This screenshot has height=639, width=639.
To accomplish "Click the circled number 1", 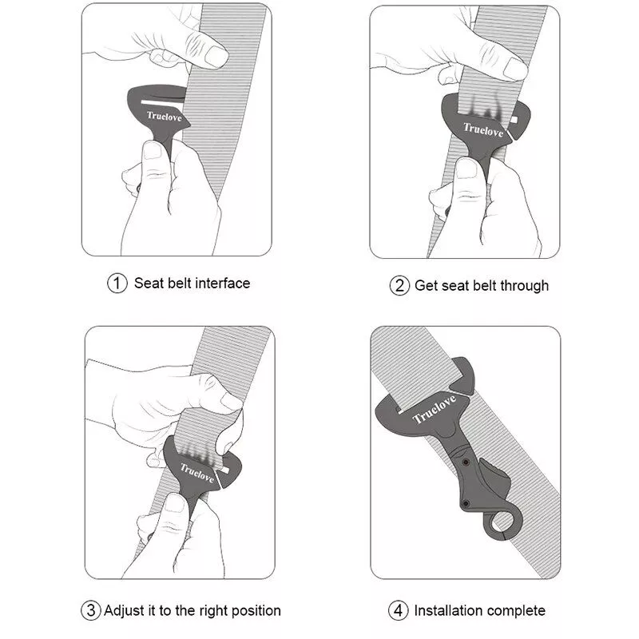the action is click(x=117, y=284).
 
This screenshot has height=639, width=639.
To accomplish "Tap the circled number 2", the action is click(x=399, y=286).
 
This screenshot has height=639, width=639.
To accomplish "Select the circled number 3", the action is click(x=90, y=610).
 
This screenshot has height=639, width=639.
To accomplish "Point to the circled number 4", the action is click(x=398, y=610).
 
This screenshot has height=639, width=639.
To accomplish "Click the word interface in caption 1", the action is click(x=222, y=284).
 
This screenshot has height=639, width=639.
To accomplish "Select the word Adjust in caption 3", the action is click(x=125, y=610).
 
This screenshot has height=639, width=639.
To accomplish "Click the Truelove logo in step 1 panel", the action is click(x=164, y=117).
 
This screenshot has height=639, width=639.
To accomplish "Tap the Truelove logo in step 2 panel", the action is click(x=483, y=129).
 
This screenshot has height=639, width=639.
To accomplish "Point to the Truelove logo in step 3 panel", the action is click(x=197, y=473).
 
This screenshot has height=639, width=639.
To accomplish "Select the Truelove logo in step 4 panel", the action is click(x=434, y=410).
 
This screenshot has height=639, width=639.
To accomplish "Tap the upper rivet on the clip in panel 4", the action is click(x=466, y=462).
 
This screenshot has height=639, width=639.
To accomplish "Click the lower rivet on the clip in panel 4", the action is click(x=466, y=504).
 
